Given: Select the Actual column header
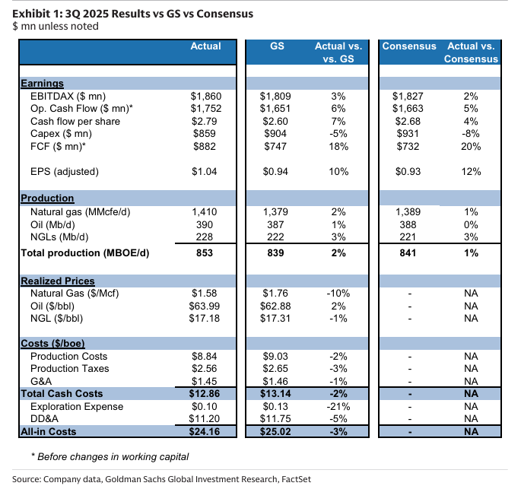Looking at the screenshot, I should point(205,46).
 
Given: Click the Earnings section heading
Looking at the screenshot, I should point(42,84).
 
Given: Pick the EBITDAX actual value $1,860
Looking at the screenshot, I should point(205,97).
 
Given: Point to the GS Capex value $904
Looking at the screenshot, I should point(275,133).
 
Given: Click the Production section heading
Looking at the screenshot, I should point(47,198).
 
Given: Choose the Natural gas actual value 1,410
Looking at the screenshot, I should point(205,211).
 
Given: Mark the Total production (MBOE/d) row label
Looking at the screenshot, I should point(85,252).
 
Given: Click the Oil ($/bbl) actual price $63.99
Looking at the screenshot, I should point(205,305).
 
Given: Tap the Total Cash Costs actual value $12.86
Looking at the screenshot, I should point(205,394).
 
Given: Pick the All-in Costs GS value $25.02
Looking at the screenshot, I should point(275,432).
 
